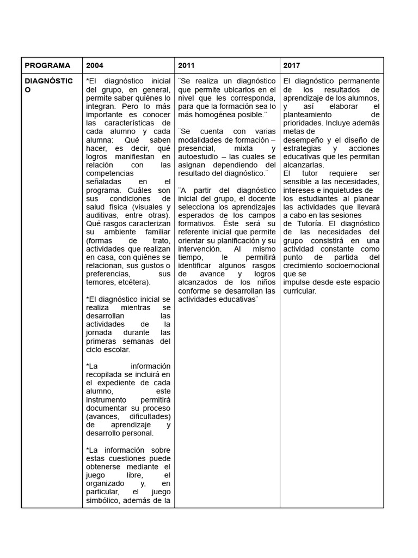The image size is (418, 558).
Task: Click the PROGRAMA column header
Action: (47, 65)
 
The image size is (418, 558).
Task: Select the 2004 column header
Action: (95, 65)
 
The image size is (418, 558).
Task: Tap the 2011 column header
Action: (186, 65)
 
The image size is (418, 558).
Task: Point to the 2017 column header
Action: (292, 65)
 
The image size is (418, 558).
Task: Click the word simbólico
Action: (104, 500)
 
